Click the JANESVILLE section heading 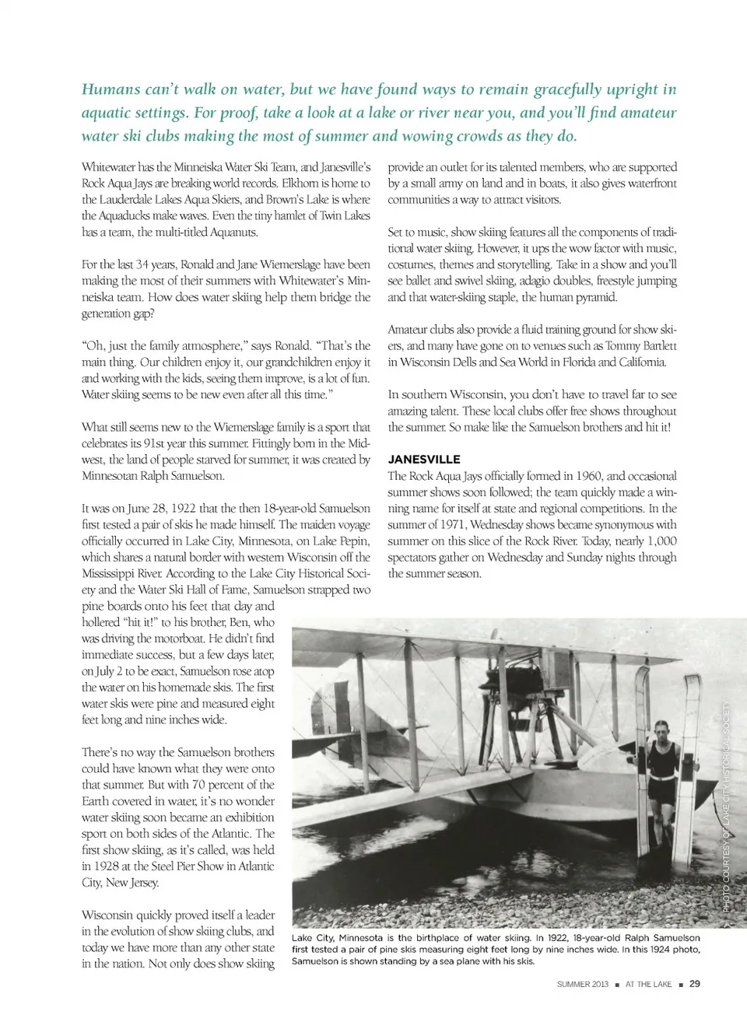pos(424,460)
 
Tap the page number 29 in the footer pos(694,984)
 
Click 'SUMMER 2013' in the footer pos(582,985)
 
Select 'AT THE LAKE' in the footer pos(648,985)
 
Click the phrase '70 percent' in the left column pos(225,785)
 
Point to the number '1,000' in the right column pos(662,541)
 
